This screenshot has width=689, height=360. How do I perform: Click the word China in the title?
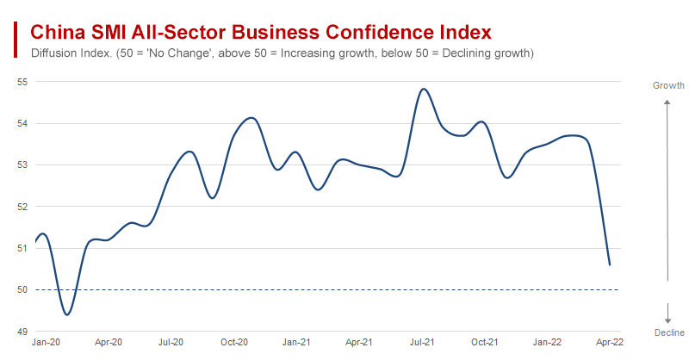pos(57,33)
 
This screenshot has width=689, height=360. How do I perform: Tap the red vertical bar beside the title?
pos(16,39)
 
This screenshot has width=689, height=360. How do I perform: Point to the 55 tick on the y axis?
pos(22,82)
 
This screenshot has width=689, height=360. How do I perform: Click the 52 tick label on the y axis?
pos(22,207)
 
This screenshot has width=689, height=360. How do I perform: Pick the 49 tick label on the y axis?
pos(22,332)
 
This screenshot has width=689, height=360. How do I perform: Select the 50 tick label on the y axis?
pos(22,289)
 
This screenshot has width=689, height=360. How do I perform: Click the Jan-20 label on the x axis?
pos(47,343)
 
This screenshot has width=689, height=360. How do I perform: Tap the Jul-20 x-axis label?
pos(171,343)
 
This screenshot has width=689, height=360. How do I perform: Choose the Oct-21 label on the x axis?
pos(485,343)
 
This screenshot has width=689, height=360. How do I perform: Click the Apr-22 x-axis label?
pos(611,343)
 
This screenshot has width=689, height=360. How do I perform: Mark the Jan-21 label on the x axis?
pos(297,343)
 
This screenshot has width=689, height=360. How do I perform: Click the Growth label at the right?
pos(668,85)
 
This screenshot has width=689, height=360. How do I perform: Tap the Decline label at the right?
pos(668,332)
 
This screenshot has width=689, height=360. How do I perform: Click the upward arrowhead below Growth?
pos(667,102)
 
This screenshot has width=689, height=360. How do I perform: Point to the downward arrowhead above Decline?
pos(667,319)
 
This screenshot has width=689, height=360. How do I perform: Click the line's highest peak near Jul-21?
pos(423,89)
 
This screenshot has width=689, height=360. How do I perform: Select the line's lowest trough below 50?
pos(67,314)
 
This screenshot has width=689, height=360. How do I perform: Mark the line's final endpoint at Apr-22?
pos(610,264)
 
